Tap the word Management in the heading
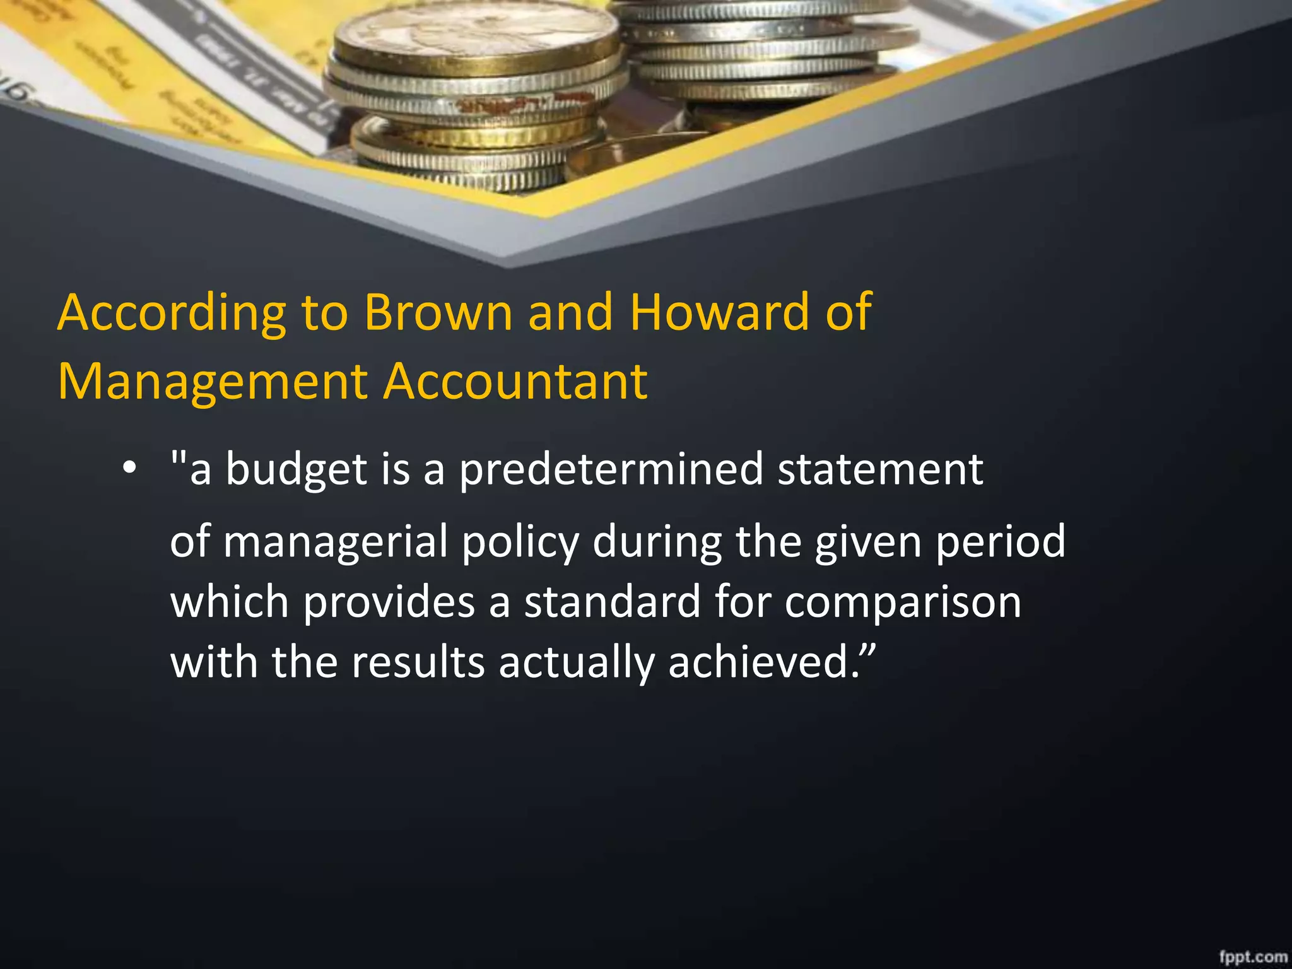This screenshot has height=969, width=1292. [213, 382]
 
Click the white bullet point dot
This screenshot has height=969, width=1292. [129, 469]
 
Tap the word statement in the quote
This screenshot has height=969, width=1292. [880, 470]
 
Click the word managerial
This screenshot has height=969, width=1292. [335, 542]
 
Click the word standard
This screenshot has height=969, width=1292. [612, 601]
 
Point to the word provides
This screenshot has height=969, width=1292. [389, 602]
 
